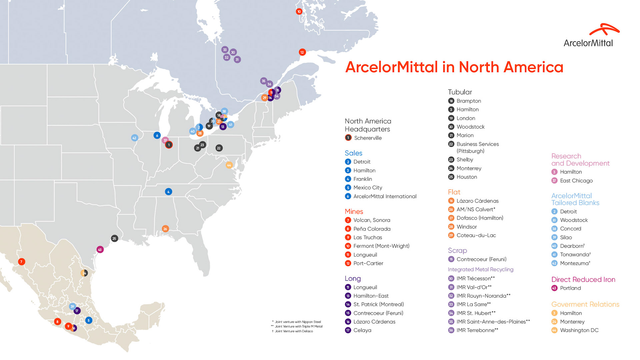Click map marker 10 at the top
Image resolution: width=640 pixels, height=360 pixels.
(299, 12)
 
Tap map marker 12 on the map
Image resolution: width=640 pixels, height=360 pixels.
(302, 52)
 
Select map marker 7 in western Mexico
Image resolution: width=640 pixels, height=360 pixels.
(21, 262)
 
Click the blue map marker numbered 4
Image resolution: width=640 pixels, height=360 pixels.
(168, 192)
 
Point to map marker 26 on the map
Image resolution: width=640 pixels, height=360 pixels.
(165, 229)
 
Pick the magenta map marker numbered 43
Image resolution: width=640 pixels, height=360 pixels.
(100, 249)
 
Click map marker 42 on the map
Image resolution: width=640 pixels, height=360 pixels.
(134, 138)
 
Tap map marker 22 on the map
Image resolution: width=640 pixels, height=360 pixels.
(219, 148)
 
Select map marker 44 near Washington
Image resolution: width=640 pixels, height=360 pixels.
(229, 165)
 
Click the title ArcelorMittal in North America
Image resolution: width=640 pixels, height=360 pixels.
(454, 67)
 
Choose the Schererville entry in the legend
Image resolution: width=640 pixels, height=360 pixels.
(368, 138)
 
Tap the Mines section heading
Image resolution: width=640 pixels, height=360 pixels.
(354, 211)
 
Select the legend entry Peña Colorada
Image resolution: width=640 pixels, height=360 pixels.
(372, 229)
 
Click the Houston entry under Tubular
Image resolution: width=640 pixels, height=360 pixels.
(467, 177)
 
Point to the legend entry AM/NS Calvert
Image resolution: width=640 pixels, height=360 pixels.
(476, 209)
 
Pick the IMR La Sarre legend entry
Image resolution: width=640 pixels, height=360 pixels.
(473, 304)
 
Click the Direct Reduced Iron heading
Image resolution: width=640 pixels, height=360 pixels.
(583, 279)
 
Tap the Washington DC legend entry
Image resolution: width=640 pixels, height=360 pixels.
(579, 330)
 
